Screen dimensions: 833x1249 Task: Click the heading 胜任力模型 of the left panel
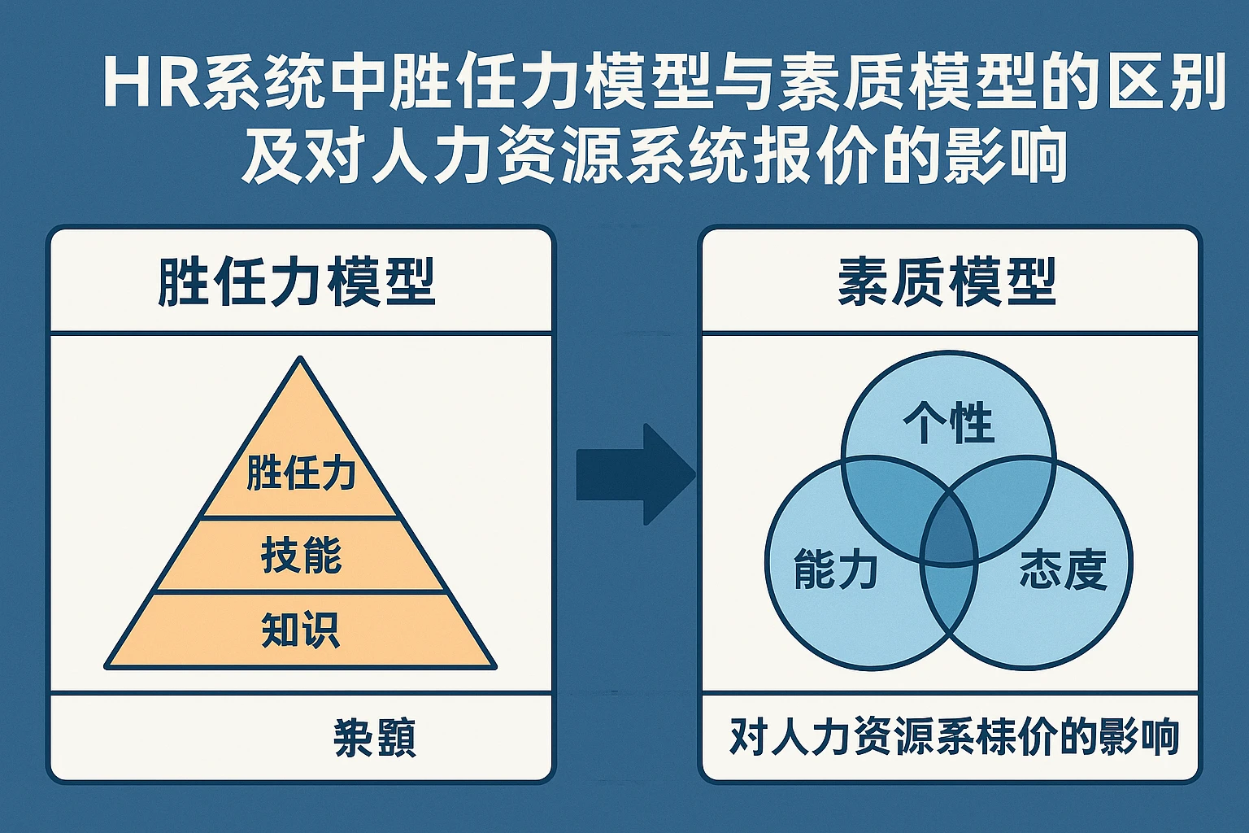tap(296, 282)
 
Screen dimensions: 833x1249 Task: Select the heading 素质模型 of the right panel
tap(947, 282)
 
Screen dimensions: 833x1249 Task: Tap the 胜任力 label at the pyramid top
tap(301, 473)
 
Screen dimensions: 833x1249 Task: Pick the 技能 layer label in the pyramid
tap(301, 556)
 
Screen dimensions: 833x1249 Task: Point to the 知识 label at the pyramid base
tap(301, 630)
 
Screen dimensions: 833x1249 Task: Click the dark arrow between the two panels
tap(634, 474)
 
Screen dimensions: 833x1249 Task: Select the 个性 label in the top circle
tap(948, 423)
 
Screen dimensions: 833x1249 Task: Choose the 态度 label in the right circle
tap(1063, 569)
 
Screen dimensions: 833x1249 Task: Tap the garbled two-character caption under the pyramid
tap(375, 738)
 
